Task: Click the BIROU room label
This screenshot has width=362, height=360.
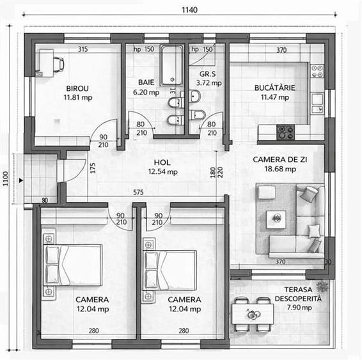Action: pyautogui.click(x=77, y=88)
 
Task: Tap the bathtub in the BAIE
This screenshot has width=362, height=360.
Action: pyautogui.click(x=172, y=65)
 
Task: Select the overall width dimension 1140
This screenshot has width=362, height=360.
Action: pyautogui.click(x=189, y=10)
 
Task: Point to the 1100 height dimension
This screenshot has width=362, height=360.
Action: pyautogui.click(x=5, y=178)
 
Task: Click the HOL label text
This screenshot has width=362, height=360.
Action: pyautogui.click(x=162, y=162)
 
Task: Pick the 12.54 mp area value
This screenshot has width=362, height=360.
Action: pyautogui.click(x=162, y=172)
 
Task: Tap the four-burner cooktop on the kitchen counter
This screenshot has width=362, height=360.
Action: pyautogui.click(x=286, y=132)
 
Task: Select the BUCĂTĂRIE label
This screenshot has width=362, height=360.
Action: pyautogui.click(x=275, y=88)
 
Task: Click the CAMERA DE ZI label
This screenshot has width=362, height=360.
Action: pyautogui.click(x=280, y=159)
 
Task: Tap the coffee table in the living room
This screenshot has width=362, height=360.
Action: pyautogui.click(x=276, y=219)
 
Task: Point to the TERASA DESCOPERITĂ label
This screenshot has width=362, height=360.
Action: pyautogui.click(x=298, y=294)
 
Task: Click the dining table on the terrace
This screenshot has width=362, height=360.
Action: pyautogui.click(x=253, y=314)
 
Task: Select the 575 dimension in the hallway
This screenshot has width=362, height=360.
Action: pyautogui.click(x=138, y=192)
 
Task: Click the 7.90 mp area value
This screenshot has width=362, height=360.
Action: pyautogui.click(x=299, y=308)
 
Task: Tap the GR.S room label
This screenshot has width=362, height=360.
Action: pyautogui.click(x=208, y=74)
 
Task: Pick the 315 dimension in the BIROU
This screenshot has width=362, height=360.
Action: pyautogui.click(x=83, y=49)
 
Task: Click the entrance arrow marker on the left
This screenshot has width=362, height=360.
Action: pyautogui.click(x=21, y=180)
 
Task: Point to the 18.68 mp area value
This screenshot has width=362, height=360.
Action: pyautogui.click(x=280, y=169)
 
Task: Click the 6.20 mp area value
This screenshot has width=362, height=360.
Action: pyautogui.click(x=146, y=92)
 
